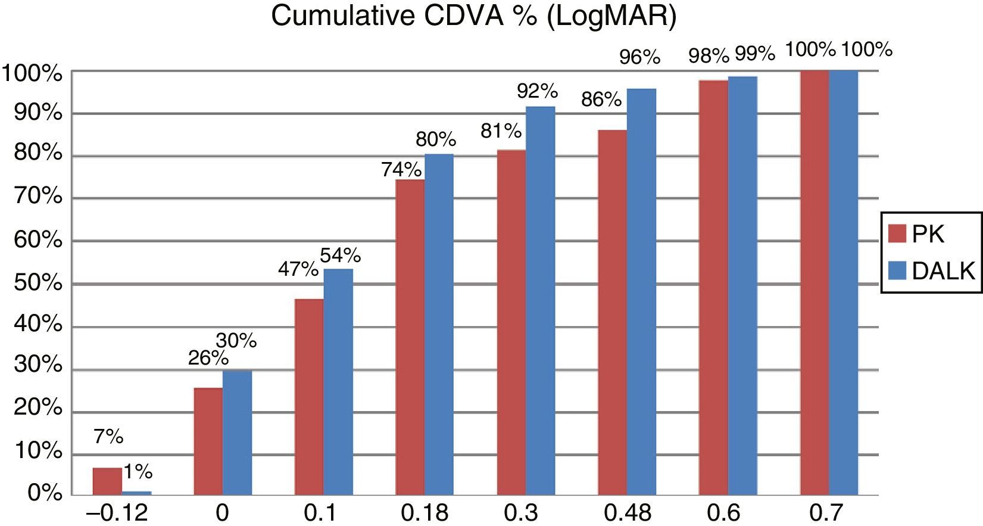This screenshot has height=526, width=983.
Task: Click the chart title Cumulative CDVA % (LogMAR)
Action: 473,16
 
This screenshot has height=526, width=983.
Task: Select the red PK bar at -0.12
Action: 107,481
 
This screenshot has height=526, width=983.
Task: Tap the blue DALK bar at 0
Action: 237,432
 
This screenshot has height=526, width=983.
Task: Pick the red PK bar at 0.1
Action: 309,397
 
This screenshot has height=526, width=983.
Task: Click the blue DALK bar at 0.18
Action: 439,325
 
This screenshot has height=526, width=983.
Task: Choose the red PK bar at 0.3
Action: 511,322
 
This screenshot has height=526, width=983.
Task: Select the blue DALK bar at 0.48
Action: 641,292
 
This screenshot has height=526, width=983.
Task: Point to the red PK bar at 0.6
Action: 713,288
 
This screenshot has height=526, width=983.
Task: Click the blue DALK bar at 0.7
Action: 844,283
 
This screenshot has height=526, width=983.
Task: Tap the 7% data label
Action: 108,437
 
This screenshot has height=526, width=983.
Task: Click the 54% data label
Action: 340,256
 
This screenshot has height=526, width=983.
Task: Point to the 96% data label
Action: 639,57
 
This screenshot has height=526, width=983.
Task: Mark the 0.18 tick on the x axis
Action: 425,512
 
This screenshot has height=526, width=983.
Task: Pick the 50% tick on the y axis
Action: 38,284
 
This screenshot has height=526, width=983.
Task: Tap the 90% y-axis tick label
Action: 38,113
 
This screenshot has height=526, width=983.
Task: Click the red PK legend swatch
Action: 897,234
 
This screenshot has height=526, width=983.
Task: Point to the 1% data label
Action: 138,472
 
